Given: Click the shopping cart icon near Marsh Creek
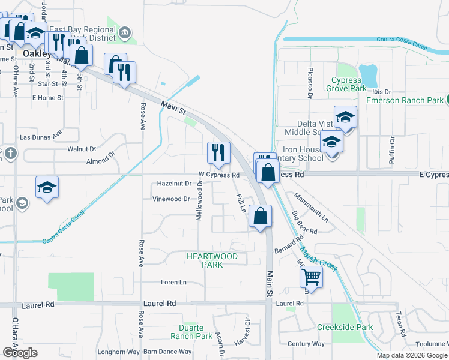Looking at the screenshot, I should (x=312, y=277).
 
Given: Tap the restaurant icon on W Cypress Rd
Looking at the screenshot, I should (x=218, y=152).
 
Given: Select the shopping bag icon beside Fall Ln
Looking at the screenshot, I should (x=260, y=217).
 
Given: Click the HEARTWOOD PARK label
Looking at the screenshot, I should (x=212, y=260).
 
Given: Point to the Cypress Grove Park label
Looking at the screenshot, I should (x=346, y=84).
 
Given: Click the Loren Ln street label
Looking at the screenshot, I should (x=174, y=282).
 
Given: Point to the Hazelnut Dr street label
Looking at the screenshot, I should (x=174, y=184).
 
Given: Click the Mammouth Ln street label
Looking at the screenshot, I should (x=311, y=208).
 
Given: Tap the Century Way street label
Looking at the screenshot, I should (x=306, y=344).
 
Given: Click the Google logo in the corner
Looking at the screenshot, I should (x=20, y=353).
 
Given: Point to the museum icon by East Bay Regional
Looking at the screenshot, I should (x=125, y=32).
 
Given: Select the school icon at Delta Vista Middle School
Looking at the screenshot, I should (x=345, y=118).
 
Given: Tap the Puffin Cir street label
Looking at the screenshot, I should (x=391, y=150).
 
